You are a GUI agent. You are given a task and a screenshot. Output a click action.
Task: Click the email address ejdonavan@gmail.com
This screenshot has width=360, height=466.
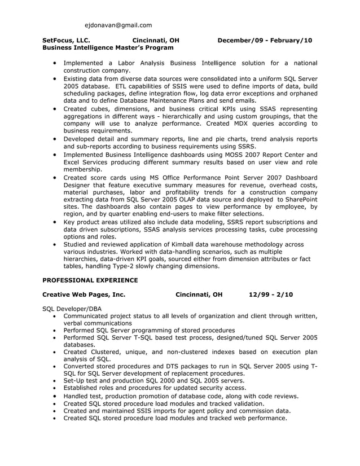118,25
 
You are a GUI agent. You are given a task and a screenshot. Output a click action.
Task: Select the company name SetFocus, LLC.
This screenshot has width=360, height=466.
66,41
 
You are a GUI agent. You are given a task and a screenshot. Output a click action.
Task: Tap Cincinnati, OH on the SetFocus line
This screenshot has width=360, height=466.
156,41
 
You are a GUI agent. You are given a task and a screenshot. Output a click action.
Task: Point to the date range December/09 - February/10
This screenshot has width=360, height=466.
265,41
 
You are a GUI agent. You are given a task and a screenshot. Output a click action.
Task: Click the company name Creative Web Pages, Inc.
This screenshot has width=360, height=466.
84,294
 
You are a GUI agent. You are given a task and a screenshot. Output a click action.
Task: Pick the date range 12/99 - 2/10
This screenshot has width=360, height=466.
271,294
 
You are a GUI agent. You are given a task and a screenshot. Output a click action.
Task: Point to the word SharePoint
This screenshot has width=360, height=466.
300,200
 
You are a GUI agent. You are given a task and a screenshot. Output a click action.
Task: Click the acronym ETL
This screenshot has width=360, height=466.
122,86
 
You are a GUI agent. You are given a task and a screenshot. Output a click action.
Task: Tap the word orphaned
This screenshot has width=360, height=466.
302,93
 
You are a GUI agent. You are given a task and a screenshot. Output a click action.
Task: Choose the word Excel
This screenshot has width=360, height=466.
72,162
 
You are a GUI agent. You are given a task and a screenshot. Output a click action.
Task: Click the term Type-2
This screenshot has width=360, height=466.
112,266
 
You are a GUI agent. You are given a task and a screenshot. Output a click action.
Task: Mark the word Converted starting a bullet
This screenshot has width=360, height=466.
80,366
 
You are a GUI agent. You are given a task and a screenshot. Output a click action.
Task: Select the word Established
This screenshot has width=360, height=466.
82,388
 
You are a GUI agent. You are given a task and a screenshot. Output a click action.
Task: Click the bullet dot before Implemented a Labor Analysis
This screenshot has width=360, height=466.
54,62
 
